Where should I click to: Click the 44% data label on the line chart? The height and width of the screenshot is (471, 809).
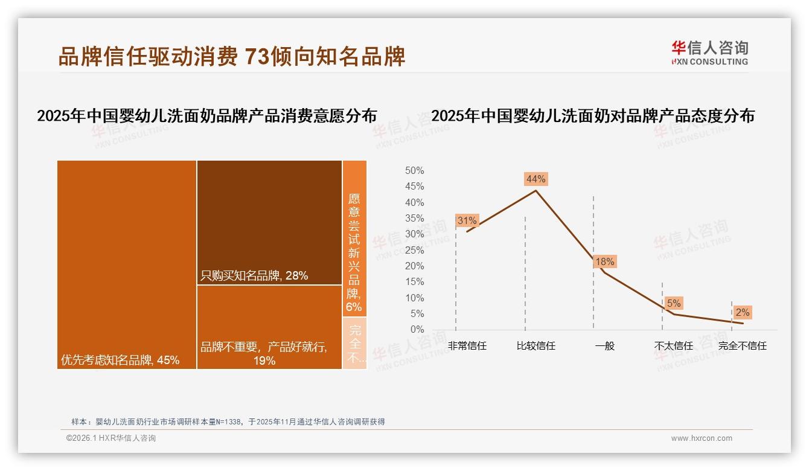click(536, 179)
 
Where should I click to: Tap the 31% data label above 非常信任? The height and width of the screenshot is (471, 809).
click(467, 221)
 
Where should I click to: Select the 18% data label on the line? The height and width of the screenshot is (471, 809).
click(604, 261)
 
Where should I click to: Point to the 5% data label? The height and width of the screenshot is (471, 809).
click(674, 303)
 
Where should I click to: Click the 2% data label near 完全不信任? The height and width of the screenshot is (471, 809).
click(742, 312)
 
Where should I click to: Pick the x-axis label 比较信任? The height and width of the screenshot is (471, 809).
click(536, 346)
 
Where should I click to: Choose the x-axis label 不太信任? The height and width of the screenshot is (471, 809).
click(674, 346)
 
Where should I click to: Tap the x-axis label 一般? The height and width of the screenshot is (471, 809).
click(604, 346)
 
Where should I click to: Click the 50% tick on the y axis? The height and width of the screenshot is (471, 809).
click(414, 171)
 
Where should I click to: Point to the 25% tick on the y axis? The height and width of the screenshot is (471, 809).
click(414, 250)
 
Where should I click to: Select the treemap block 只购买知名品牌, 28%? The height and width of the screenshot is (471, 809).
click(269, 222)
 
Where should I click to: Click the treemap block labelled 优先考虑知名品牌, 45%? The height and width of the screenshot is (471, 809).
click(127, 264)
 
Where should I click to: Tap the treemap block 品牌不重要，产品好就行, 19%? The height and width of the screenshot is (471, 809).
click(269, 327)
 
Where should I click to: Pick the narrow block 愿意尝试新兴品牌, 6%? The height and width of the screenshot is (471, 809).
click(354, 239)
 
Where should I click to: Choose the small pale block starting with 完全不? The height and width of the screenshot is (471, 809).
click(355, 343)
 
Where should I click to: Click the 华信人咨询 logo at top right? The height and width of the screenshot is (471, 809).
click(709, 53)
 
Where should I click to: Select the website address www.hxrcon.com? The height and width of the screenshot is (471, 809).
click(702, 438)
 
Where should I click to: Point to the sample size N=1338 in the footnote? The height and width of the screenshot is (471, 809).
click(227, 422)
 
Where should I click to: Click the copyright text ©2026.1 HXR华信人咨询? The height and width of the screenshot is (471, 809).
click(111, 438)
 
